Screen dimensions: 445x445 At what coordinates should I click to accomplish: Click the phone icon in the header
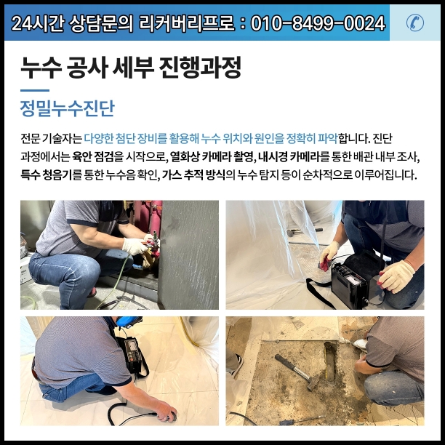(x=415, y=23)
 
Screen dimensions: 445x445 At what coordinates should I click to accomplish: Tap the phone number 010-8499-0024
(x=318, y=23)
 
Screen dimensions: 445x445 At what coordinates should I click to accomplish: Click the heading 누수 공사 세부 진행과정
(x=131, y=68)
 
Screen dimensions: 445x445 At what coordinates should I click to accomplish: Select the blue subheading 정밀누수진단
(x=68, y=108)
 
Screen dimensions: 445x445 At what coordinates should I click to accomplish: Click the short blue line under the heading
(x=35, y=91)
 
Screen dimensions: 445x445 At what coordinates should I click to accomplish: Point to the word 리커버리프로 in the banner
(x=187, y=23)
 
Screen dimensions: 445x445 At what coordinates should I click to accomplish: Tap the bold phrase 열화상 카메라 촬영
(x=212, y=156)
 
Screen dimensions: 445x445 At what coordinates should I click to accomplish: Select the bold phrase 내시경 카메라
(x=289, y=156)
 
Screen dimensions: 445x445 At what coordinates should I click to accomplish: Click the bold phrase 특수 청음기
(x=47, y=175)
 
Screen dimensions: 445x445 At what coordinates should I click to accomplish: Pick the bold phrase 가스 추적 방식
(x=193, y=175)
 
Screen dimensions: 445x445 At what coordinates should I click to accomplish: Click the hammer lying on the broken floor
(x=297, y=372)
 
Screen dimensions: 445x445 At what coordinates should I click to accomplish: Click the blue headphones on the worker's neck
(x=128, y=321)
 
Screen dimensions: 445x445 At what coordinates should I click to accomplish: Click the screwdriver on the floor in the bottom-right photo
(x=302, y=420)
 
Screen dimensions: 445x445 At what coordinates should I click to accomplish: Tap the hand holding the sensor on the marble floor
(x=167, y=412)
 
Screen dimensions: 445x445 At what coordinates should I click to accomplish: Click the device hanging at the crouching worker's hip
(x=133, y=356)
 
